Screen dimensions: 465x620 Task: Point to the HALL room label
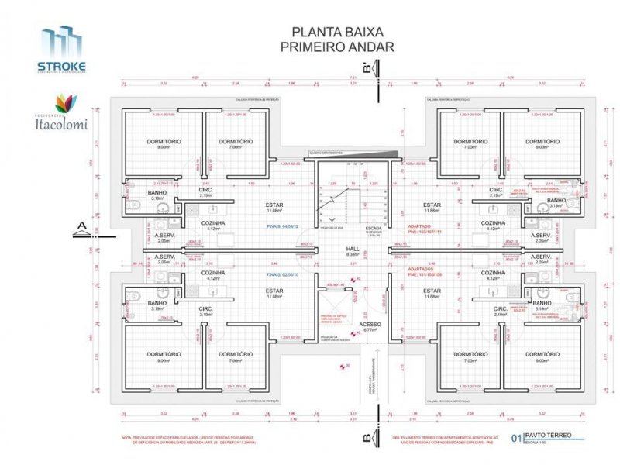click(x=353, y=248)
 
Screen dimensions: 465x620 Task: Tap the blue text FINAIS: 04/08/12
click(x=282, y=227)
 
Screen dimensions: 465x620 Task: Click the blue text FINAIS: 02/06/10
click(x=282, y=274)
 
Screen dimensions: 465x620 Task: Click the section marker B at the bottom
click(x=367, y=439)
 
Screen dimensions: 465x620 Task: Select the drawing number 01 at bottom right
click(x=516, y=438)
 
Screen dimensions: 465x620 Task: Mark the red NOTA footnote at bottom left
click(x=178, y=438)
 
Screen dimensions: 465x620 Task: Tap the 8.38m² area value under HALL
click(x=353, y=253)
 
